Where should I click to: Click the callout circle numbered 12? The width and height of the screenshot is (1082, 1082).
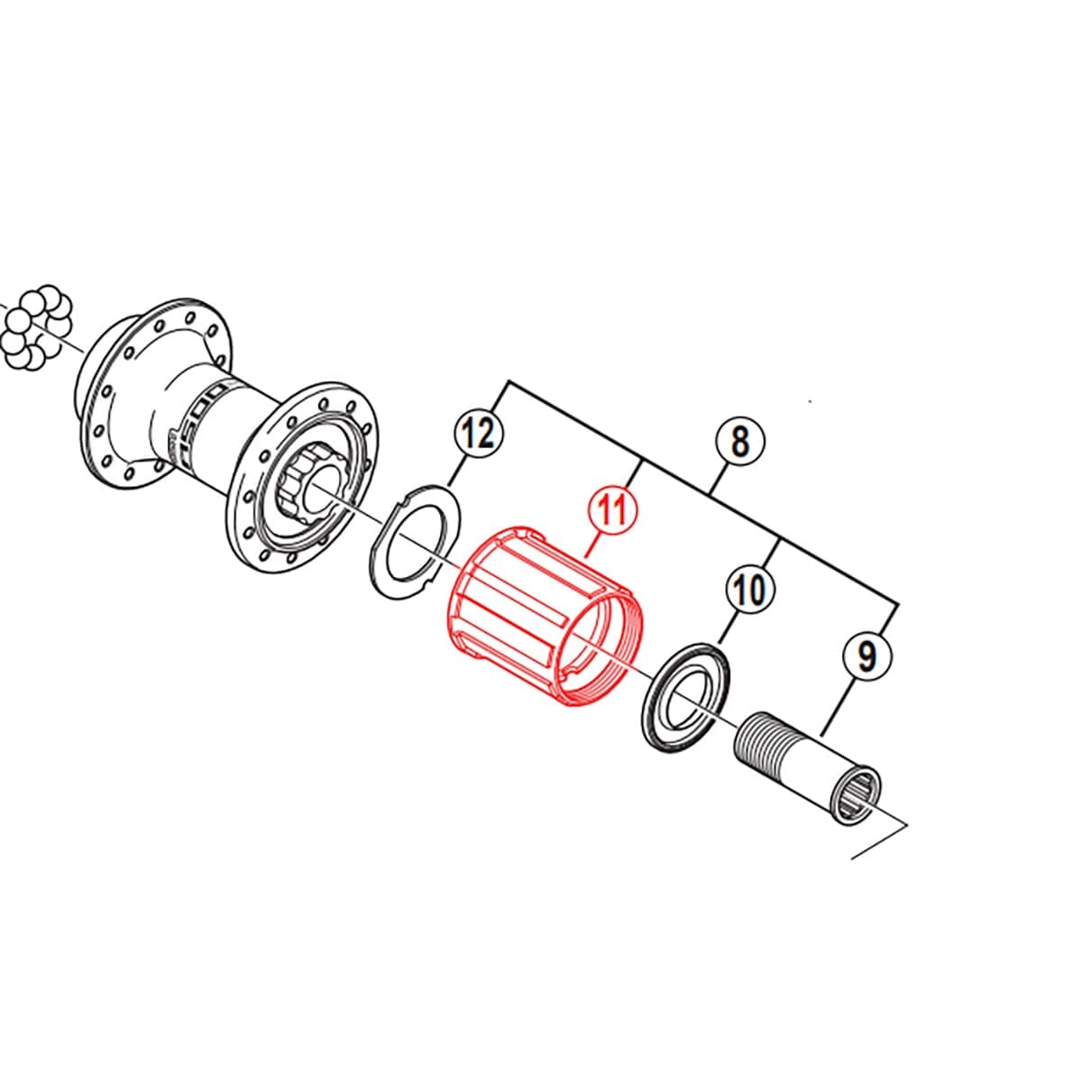[x=478, y=433]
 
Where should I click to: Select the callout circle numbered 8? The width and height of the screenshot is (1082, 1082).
[x=740, y=440]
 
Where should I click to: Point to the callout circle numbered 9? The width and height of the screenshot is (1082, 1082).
[x=867, y=656]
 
